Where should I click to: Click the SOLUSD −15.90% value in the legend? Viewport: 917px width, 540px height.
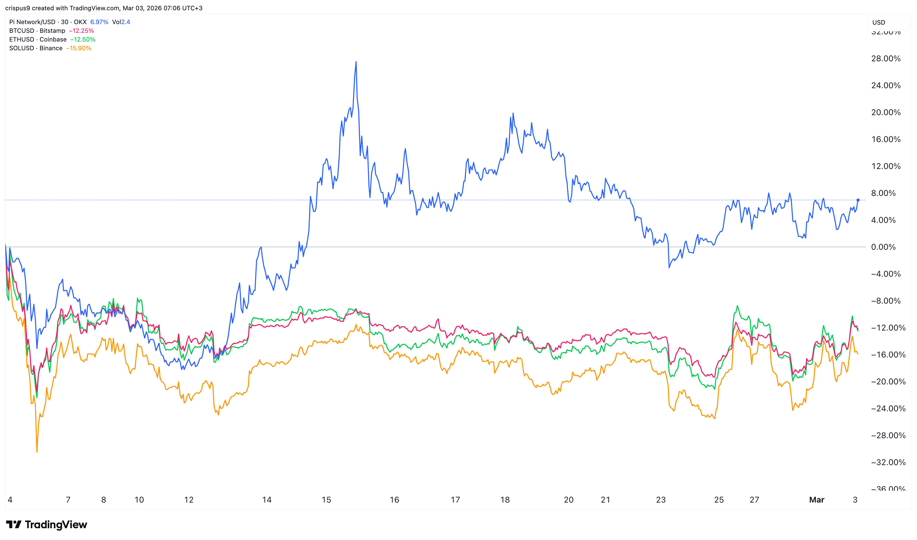[x=78, y=48]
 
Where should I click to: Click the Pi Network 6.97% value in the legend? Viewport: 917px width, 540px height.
[x=99, y=22]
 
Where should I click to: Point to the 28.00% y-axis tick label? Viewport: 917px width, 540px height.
[x=886, y=58]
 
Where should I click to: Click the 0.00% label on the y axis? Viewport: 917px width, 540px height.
[x=883, y=247]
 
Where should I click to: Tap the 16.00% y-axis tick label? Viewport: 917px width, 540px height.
[x=886, y=139]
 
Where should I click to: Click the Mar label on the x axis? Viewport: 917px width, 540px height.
[x=816, y=499]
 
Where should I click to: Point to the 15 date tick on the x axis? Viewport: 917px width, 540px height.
[x=326, y=499]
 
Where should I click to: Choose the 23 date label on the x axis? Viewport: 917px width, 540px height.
[x=661, y=499]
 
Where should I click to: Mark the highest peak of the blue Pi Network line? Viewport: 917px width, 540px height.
[x=356, y=62]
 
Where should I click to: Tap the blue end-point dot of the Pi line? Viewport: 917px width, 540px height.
[x=858, y=200]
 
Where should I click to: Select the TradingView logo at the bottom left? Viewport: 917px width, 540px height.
[x=47, y=524]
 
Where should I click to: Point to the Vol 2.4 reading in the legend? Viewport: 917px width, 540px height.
[x=121, y=22]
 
